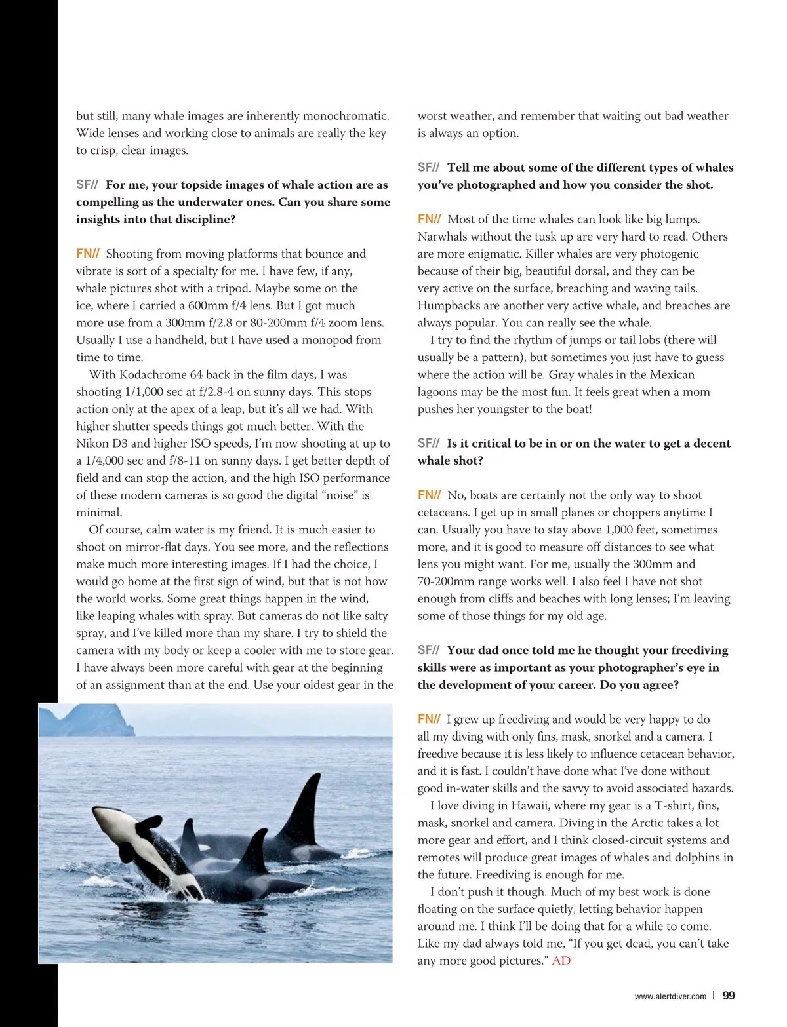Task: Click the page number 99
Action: coord(728,996)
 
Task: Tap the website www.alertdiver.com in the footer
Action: coord(670,996)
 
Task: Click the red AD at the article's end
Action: coord(561,961)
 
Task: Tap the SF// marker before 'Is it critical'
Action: coord(428,443)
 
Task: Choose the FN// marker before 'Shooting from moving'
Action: coord(87,254)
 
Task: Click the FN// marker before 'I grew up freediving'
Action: coord(428,719)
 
